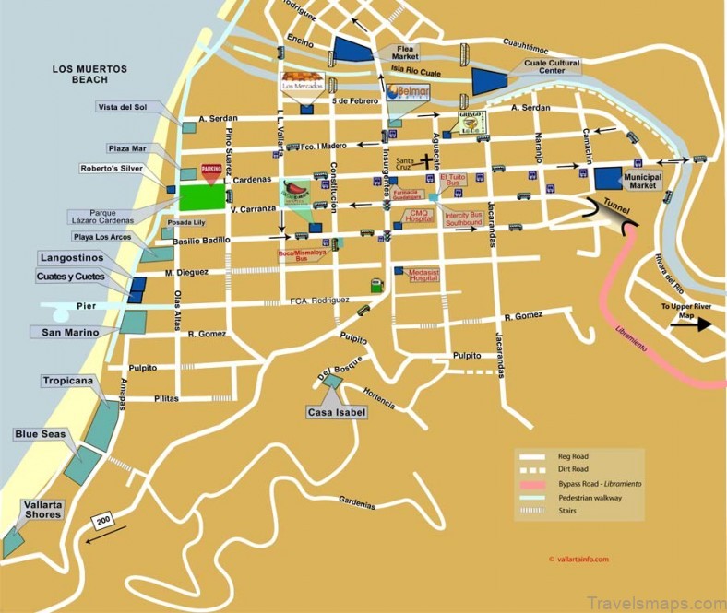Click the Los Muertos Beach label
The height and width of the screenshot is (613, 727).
coord(89,75)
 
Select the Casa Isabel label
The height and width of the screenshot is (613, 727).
coord(337,411)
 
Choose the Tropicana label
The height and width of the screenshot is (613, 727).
coord(66,380)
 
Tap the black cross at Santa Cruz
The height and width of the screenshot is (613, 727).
coord(427,160)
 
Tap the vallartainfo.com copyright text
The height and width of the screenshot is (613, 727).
coord(578,559)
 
